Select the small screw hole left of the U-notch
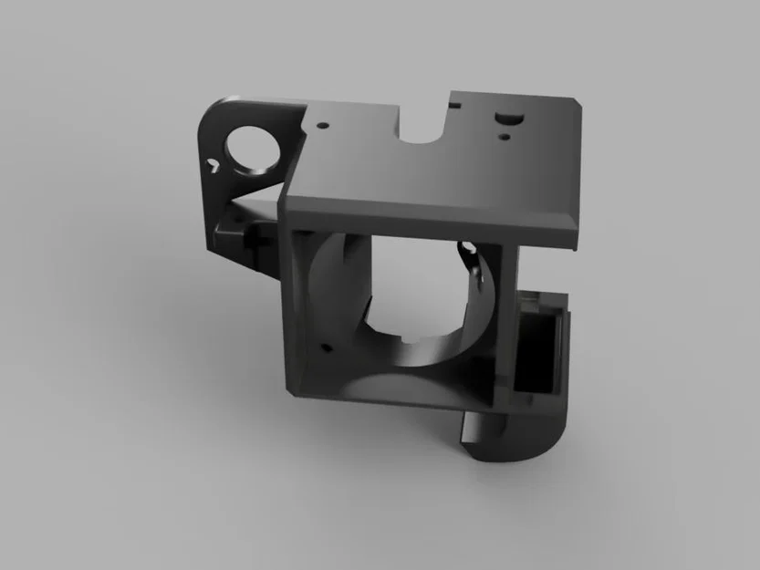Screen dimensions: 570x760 click(x=321, y=119)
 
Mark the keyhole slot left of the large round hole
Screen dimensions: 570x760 click(x=213, y=165)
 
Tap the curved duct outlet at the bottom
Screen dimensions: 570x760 click(x=520, y=440)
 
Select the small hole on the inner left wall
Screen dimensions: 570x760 click(x=322, y=347)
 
